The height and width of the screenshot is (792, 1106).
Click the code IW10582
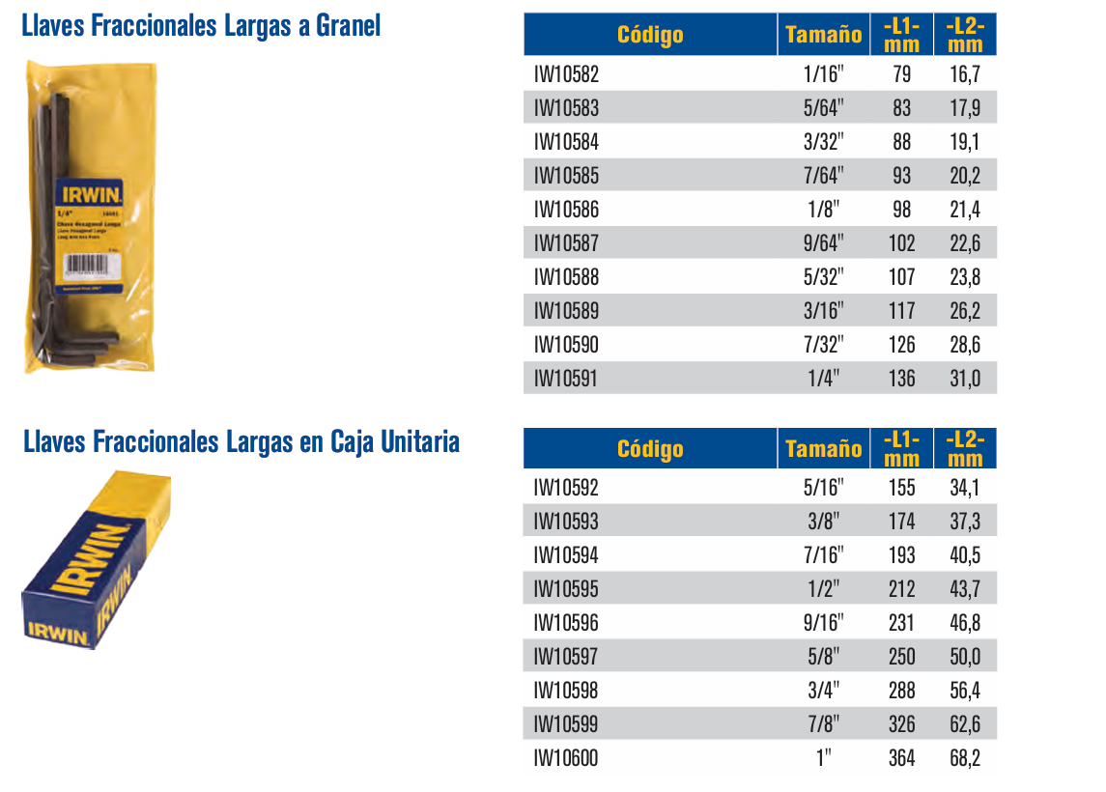pyautogui.click(x=566, y=73)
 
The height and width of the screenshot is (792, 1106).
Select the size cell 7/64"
pyautogui.click(x=823, y=176)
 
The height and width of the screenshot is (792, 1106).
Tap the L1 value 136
pyautogui.click(x=901, y=379)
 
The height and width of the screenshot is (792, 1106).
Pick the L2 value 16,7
pyautogui.click(x=965, y=73)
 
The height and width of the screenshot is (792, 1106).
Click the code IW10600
pyautogui.click(x=566, y=758)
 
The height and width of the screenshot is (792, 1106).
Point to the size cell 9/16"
pyautogui.click(x=823, y=623)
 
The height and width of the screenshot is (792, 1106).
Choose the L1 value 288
pyautogui.click(x=901, y=691)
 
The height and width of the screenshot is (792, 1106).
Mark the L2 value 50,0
pyautogui.click(x=965, y=657)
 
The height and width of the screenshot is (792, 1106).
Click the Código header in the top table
pyautogui.click(x=650, y=36)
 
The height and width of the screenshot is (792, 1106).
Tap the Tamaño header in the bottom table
pyautogui.click(x=823, y=449)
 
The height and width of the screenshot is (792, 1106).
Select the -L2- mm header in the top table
pyautogui.click(x=965, y=36)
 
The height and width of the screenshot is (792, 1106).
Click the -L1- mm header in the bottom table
pyautogui.click(x=901, y=449)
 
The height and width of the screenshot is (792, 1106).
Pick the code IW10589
pyautogui.click(x=566, y=311)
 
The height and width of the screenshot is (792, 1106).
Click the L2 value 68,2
pyautogui.click(x=965, y=758)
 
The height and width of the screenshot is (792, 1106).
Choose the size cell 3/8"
pyautogui.click(x=823, y=522)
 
